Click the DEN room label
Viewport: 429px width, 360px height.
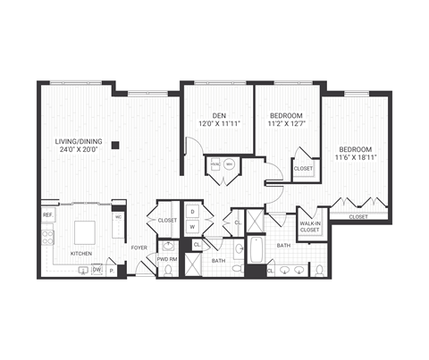(218, 114)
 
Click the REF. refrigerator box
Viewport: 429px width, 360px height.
(47, 215)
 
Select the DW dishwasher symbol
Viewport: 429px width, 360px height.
(96, 269)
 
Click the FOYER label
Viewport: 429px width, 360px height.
(139, 247)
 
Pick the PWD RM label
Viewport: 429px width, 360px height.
(168, 260)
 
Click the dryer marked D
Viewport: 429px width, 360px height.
(193, 212)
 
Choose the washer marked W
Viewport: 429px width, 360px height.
(193, 226)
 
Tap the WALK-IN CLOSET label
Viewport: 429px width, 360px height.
(309, 227)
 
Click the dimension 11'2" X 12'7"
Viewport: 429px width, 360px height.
(287, 124)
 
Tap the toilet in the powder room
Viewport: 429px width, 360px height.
(167, 271)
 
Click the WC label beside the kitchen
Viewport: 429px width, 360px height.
(117, 217)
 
